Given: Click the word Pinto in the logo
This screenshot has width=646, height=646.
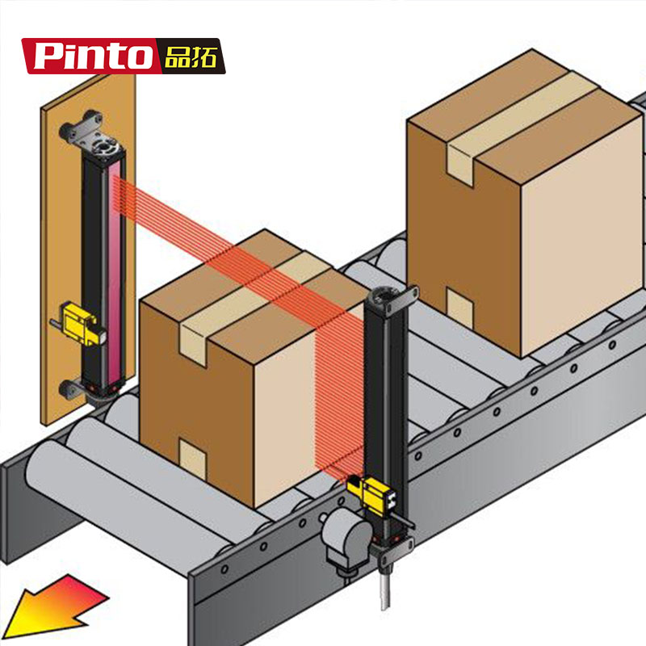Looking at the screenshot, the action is [94, 56].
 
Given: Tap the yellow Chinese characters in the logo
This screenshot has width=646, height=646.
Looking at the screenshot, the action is [190, 56].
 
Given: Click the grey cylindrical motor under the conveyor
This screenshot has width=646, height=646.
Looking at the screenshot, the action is [346, 535].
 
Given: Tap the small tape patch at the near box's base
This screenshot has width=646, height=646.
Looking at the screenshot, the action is [192, 457].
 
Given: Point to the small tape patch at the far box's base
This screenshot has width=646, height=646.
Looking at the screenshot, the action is [459, 307].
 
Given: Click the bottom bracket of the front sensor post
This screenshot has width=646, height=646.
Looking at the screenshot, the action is [396, 550].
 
